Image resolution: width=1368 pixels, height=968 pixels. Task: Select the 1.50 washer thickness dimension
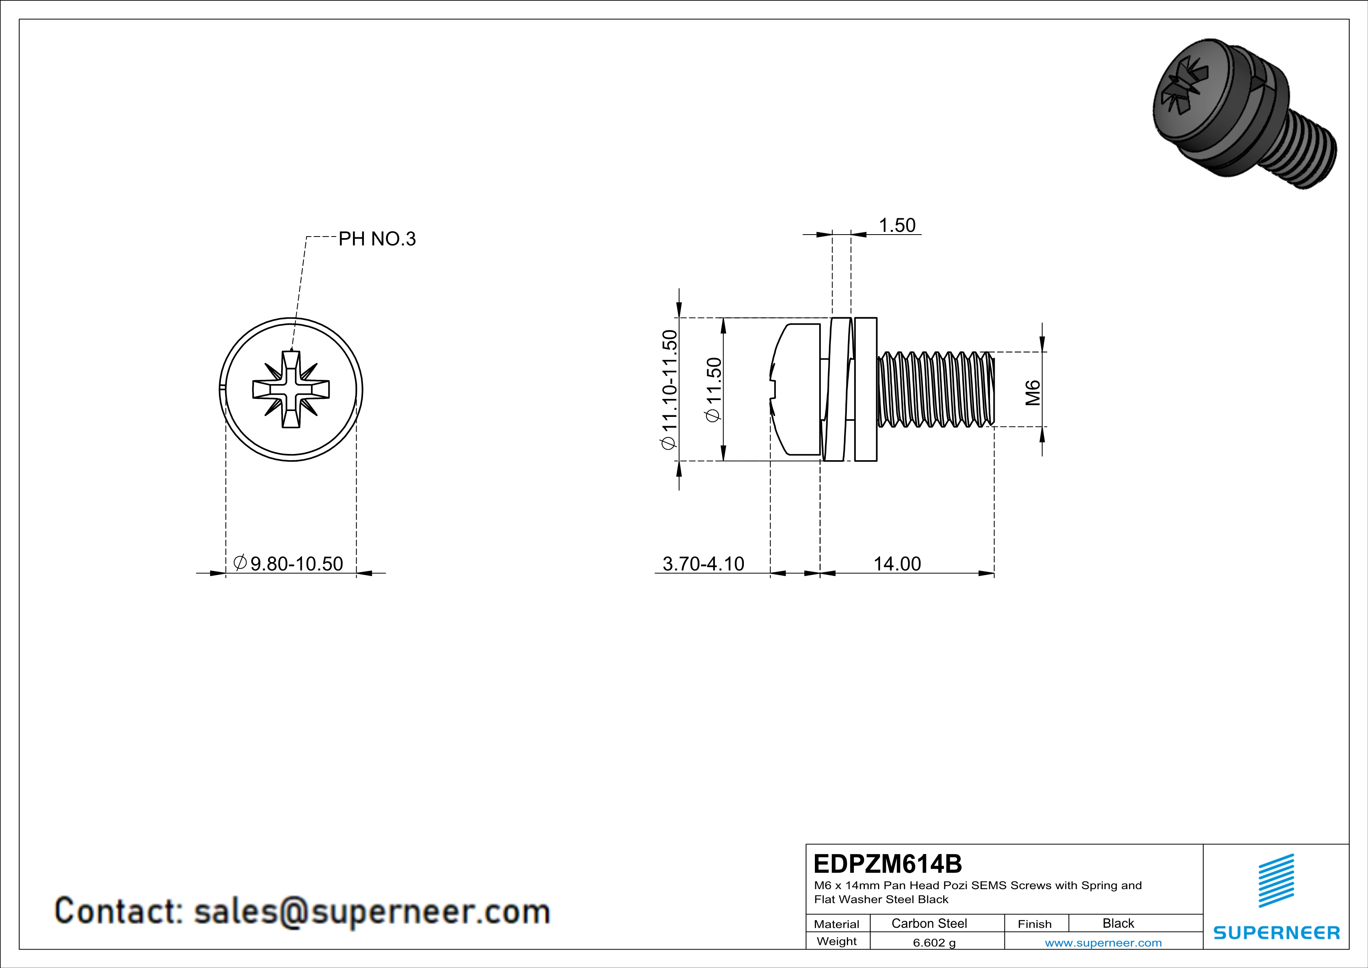pos(897,225)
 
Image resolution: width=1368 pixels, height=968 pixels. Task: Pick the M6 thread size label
pos(1033,392)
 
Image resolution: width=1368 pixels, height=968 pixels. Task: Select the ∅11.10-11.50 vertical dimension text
pos(669,389)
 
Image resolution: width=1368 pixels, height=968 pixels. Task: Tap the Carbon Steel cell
pos(929,923)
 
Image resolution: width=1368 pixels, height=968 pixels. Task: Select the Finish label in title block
pos(1034,924)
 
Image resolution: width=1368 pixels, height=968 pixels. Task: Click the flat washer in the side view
pos(865,389)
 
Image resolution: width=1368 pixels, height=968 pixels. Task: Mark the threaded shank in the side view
pos(935,389)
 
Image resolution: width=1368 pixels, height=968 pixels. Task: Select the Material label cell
pos(837,924)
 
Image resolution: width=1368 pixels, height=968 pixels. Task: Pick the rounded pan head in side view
pos(795,389)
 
